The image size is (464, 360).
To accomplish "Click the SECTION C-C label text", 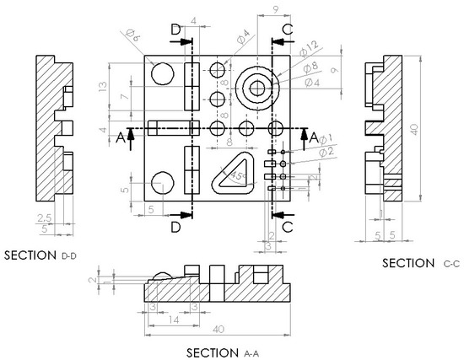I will coord(420,263).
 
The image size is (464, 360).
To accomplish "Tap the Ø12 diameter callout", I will coord(311,44).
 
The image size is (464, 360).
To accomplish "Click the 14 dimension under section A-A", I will coord(172,321).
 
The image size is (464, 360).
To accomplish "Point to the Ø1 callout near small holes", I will coord(326,137).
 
